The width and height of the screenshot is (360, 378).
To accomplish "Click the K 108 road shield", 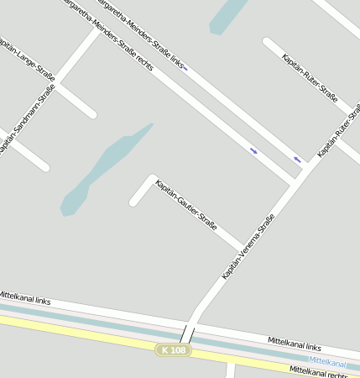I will coord(174,349).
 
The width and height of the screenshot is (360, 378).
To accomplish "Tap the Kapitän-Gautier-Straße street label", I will coord(186,203).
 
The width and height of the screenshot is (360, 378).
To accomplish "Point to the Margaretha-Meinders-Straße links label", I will coord(141,32).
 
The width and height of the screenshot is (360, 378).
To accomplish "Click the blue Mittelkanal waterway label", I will coord(326,362).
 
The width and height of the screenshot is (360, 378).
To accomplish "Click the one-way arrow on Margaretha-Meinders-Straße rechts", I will coord(253,150).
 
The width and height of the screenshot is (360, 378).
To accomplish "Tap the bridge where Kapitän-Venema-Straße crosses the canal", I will coord(188,334).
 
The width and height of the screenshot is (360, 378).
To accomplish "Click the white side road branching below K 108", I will coord(230,370).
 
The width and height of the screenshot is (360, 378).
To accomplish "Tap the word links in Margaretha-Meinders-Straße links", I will coord(175,61).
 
